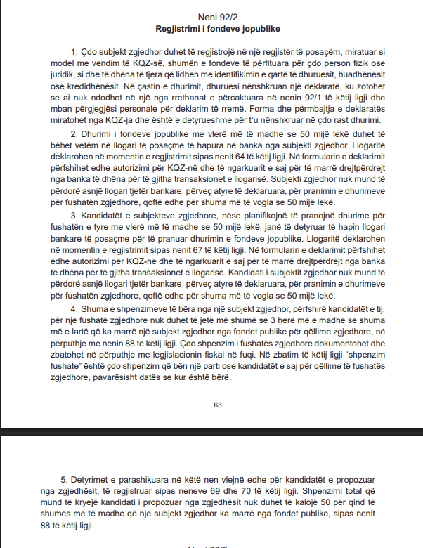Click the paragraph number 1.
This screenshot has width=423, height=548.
click(x=73, y=52)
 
